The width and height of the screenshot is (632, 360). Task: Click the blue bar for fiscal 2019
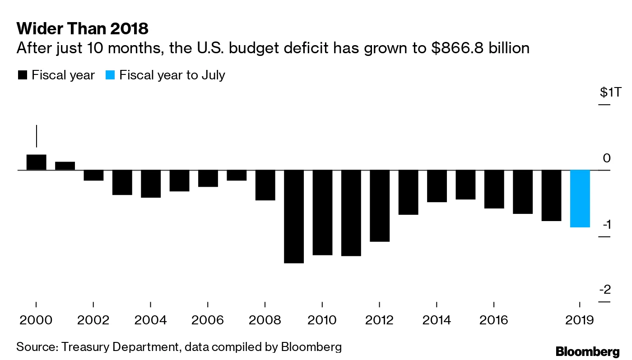click(x=580, y=198)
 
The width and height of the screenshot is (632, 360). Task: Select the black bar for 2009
click(x=294, y=216)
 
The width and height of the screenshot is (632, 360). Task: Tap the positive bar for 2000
click(x=37, y=162)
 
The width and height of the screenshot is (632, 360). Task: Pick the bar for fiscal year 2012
click(x=380, y=206)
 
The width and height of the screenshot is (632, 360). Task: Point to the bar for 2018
click(x=551, y=195)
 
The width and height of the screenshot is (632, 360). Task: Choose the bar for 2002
click(x=94, y=175)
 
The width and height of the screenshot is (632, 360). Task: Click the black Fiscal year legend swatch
click(x=22, y=75)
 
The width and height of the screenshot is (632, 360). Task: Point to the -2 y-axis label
click(x=604, y=290)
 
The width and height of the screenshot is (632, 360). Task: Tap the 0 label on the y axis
click(x=607, y=158)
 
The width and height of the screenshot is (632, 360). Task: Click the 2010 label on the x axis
click(x=322, y=320)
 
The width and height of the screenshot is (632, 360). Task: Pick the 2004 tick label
click(x=150, y=320)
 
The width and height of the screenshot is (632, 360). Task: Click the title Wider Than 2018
click(x=82, y=29)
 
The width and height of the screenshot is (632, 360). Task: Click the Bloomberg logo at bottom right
click(x=587, y=351)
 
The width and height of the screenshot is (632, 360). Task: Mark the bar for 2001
click(x=65, y=166)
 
